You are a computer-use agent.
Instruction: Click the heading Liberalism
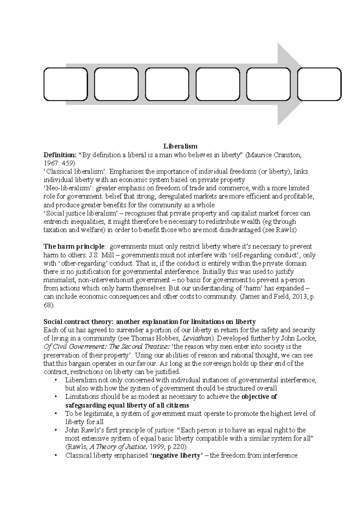(180, 146)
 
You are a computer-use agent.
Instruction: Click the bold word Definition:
(60, 155)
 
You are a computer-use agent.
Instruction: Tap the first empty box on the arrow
(66, 84)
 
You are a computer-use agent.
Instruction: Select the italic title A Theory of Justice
(118, 447)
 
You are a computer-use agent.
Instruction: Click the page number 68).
(49, 305)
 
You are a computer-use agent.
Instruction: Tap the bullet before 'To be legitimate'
(56, 414)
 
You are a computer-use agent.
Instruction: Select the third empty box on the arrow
(167, 84)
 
